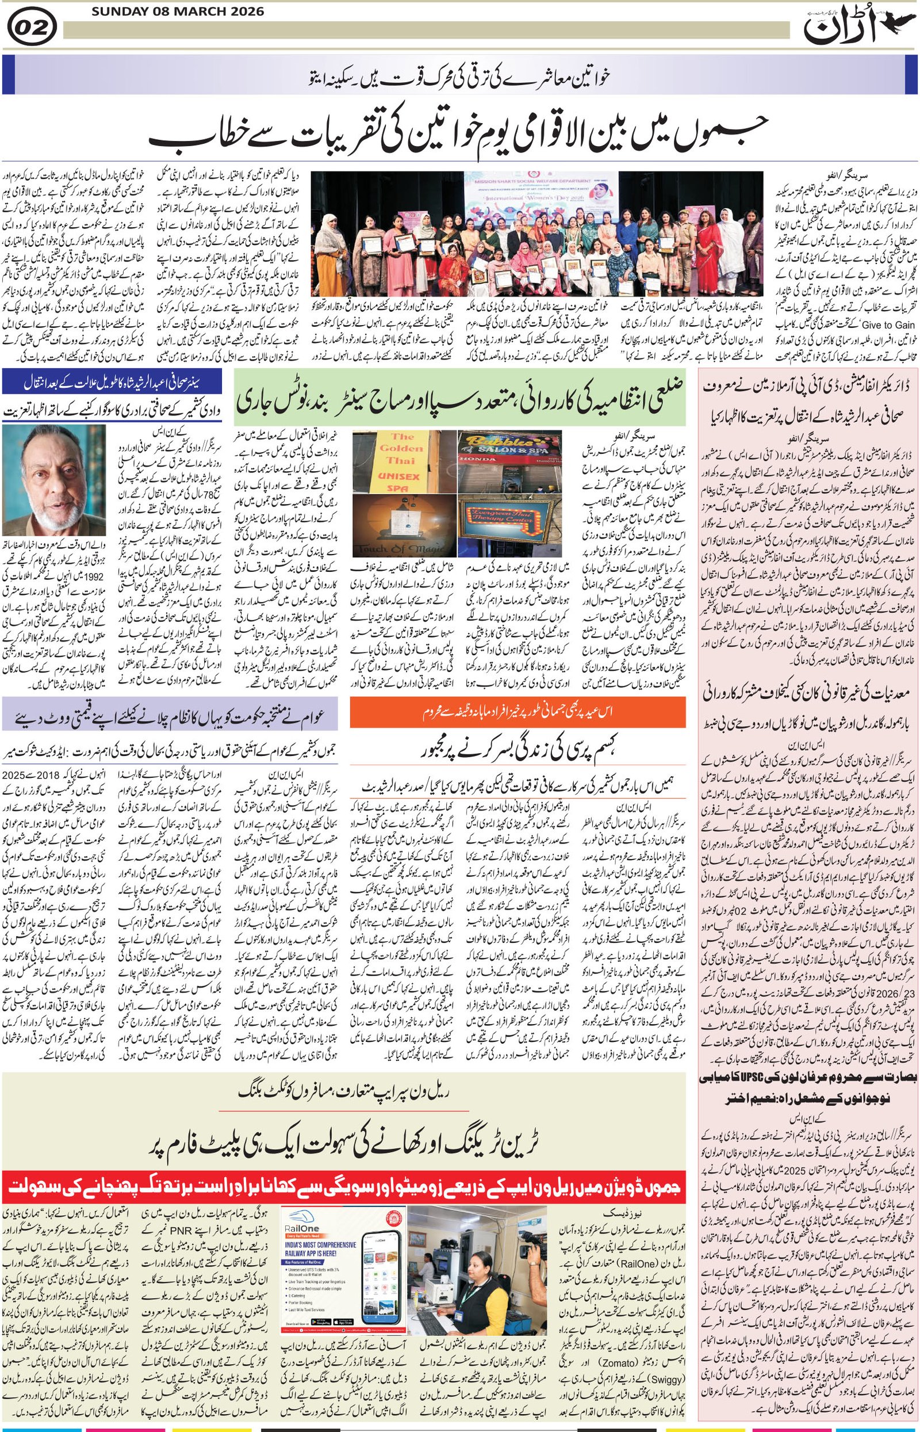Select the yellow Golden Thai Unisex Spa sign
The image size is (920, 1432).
(x=401, y=462)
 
